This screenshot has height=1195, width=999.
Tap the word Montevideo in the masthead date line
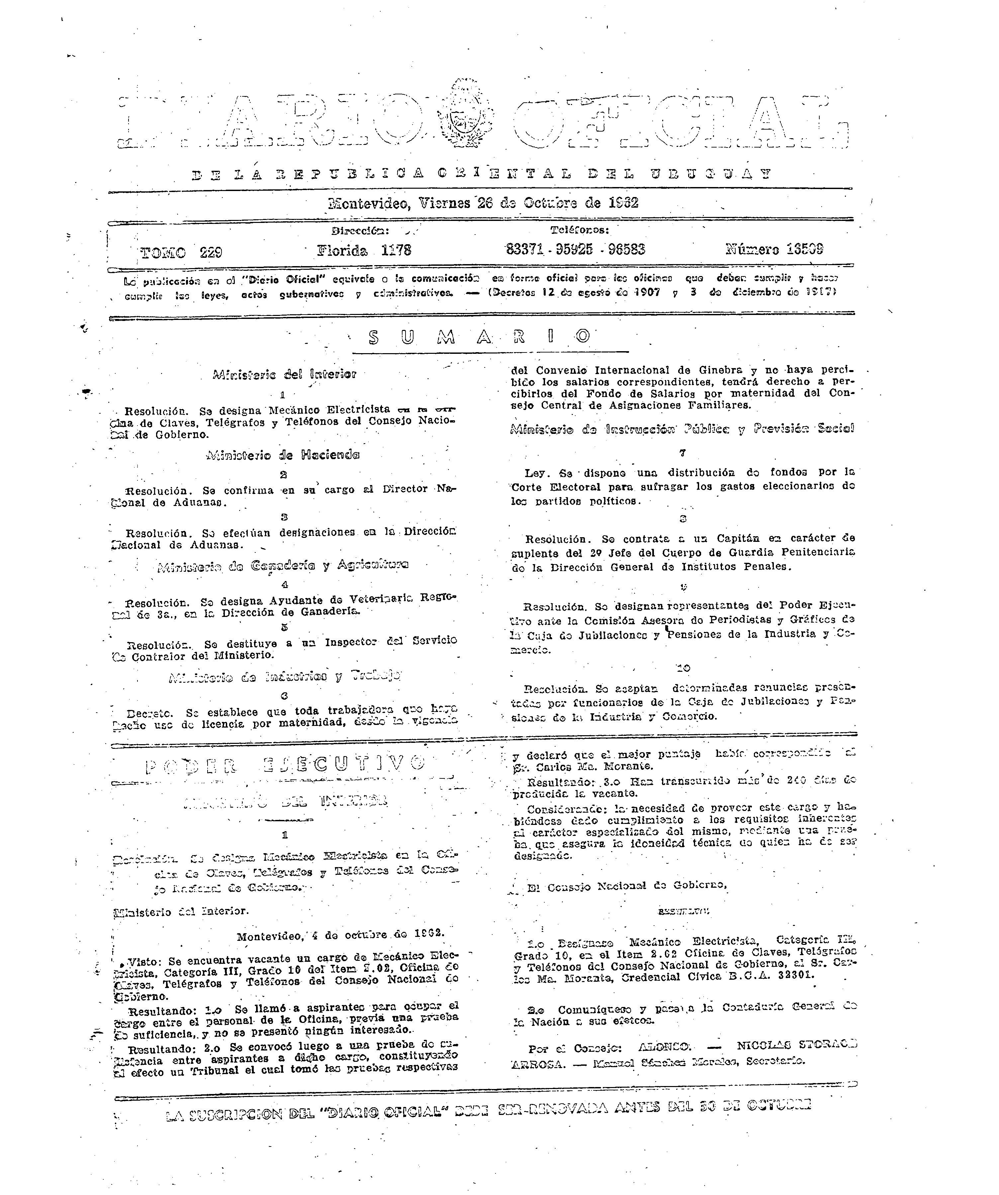coord(369,203)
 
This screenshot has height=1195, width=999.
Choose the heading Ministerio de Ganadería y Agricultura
coord(282,566)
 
